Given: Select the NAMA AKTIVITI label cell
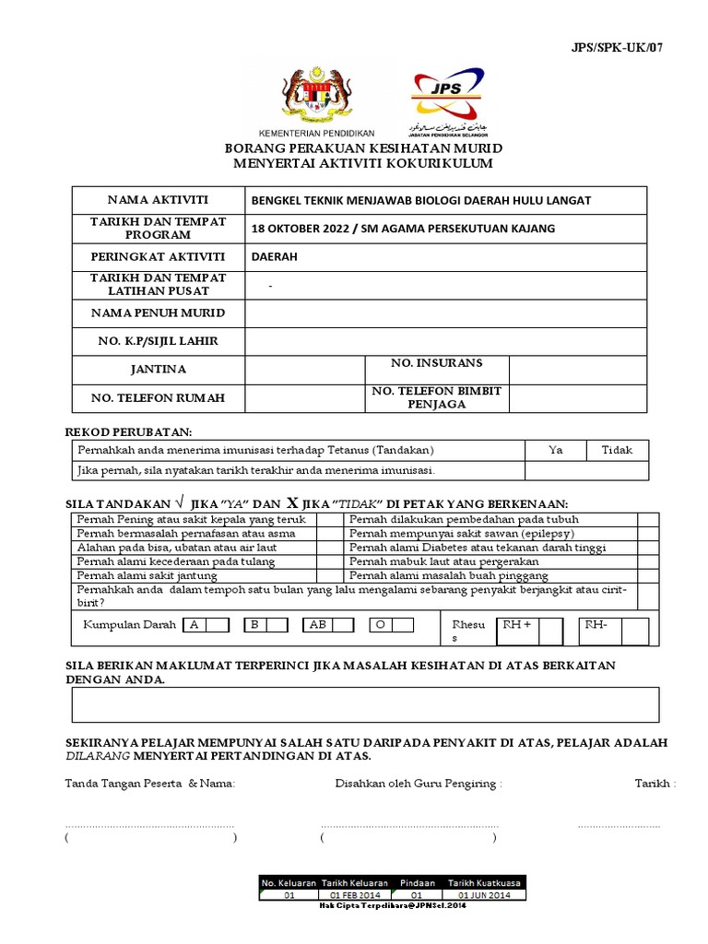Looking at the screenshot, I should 159,200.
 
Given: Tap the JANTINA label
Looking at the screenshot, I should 159,370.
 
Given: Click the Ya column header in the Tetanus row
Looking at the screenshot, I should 556,450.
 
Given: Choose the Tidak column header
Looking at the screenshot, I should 617,450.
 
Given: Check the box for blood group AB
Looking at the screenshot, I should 343,625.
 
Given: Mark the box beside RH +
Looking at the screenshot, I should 550,631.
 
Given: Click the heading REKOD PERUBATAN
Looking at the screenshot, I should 127,431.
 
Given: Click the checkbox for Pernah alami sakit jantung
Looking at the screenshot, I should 329,575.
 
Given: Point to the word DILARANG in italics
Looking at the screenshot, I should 97,756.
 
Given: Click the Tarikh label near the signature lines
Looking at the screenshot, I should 655,784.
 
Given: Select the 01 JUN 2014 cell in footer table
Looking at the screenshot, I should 484,895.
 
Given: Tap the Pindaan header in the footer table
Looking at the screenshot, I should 417,883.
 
